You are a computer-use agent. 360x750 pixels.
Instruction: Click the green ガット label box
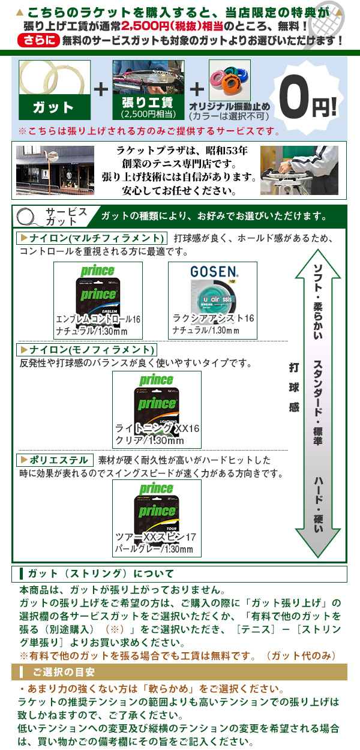tap(55, 108)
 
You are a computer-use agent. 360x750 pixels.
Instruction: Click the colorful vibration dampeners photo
tap(229, 82)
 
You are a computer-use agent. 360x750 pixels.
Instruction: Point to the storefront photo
tap(55, 170)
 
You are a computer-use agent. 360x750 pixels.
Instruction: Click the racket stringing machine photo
tap(299, 170)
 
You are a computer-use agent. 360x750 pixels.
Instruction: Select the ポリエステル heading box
tap(56, 460)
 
